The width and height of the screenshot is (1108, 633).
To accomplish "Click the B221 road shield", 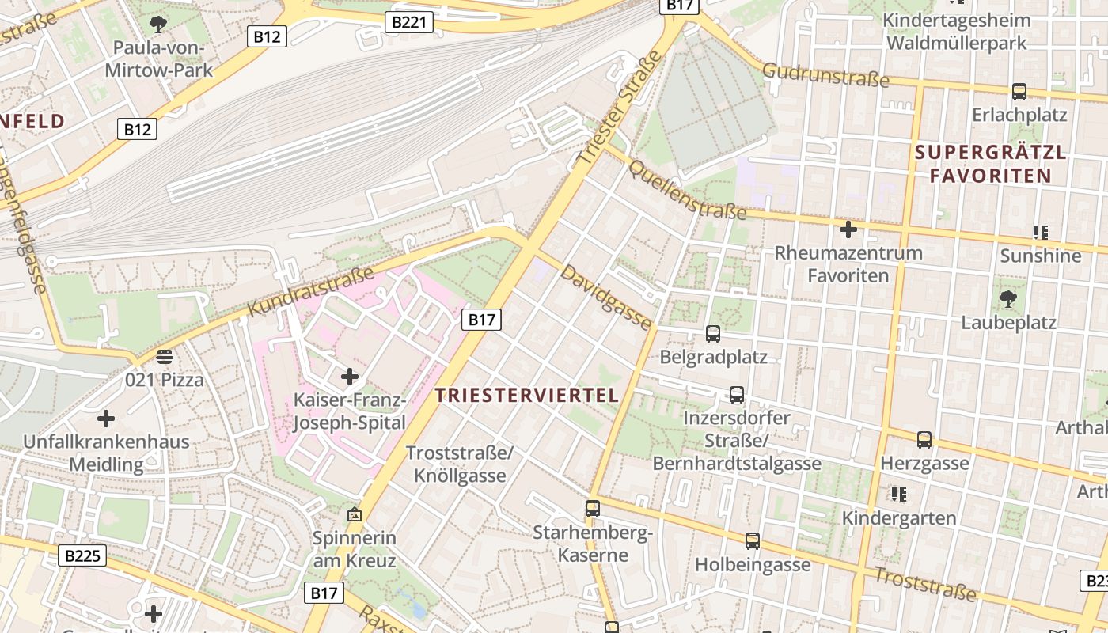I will pyautogui.click(x=409, y=22).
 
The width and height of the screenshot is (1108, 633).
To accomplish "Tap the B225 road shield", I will pyautogui.click(x=82, y=555).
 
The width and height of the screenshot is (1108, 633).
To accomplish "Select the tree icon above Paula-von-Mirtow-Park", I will pyautogui.click(x=158, y=25).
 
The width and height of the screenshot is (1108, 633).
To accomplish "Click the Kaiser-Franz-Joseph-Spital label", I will pyautogui.click(x=349, y=411).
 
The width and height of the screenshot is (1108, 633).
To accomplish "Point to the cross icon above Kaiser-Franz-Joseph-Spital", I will pyautogui.click(x=349, y=377).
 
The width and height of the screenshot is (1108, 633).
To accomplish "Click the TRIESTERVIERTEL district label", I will pyautogui.click(x=527, y=396).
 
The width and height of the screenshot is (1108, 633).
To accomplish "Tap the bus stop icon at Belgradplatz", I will pyautogui.click(x=713, y=334).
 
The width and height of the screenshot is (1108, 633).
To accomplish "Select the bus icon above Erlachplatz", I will pyautogui.click(x=1019, y=92).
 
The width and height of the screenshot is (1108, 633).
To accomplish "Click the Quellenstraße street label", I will pyautogui.click(x=686, y=187).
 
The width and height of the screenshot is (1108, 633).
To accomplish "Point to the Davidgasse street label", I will pyautogui.click(x=606, y=298).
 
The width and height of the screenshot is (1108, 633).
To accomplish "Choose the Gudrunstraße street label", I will pyautogui.click(x=825, y=76).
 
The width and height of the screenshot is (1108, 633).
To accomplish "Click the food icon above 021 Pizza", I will pyautogui.click(x=165, y=357).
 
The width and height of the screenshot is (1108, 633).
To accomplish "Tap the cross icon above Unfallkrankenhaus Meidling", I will pyautogui.click(x=106, y=418).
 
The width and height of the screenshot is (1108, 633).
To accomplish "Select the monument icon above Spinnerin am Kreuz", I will pyautogui.click(x=354, y=515).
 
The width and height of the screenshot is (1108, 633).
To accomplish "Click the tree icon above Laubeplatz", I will pyautogui.click(x=1008, y=299).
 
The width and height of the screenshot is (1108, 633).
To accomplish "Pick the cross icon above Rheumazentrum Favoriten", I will pyautogui.click(x=848, y=230).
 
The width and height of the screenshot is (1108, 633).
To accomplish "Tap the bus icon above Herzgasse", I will pyautogui.click(x=924, y=439).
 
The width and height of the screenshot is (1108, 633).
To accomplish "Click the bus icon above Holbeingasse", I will pyautogui.click(x=753, y=541).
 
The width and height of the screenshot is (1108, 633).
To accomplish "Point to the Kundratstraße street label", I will pyautogui.click(x=310, y=292).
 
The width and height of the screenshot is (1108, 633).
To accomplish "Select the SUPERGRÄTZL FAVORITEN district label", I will pyautogui.click(x=990, y=164).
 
